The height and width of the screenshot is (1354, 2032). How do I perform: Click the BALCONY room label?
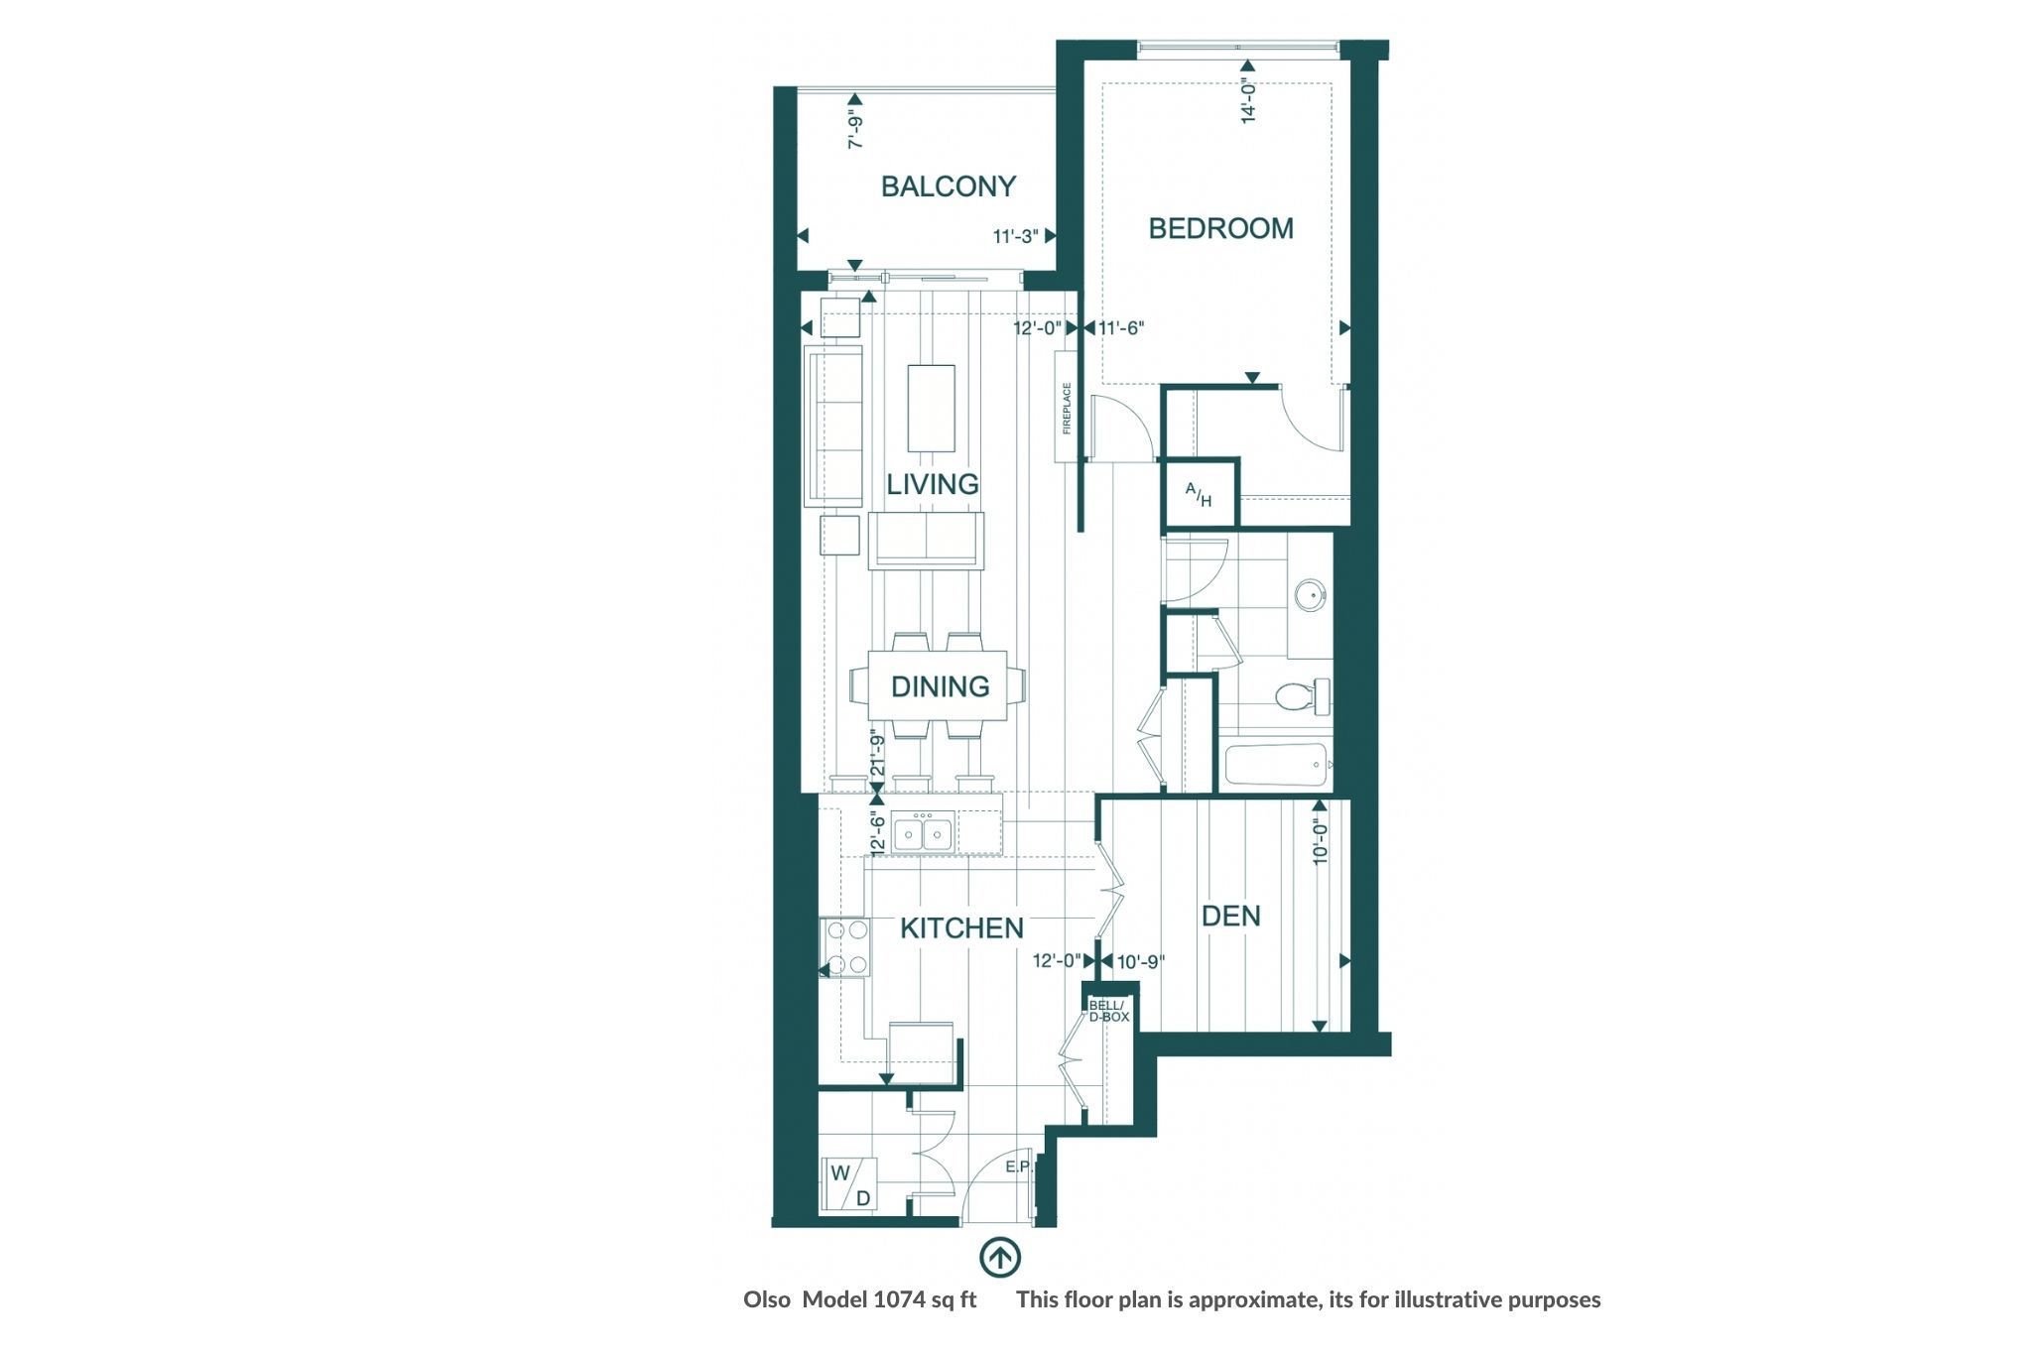tap(949, 186)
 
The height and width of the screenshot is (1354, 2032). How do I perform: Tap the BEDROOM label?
tap(1221, 228)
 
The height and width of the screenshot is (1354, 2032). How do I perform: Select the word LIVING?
tap(933, 484)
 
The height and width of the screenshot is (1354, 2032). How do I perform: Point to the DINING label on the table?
tap(940, 686)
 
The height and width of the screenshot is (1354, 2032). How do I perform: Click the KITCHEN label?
tap(961, 928)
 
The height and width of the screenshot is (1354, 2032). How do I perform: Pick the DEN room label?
tap(1231, 916)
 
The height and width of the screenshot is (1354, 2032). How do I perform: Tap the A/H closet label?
tap(1199, 494)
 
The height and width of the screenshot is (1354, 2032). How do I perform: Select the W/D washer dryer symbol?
tap(850, 1184)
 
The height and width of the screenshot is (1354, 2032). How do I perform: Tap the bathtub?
tap(1278, 766)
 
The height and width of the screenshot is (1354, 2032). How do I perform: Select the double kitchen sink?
tap(228, 832)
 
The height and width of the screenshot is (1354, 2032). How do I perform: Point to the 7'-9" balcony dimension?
tap(854, 130)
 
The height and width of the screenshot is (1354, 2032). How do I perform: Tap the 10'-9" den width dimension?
tap(1140, 961)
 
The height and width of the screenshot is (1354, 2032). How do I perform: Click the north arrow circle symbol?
tap(1000, 1256)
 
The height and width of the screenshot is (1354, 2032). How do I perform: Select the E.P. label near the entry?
tap(1019, 1168)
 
